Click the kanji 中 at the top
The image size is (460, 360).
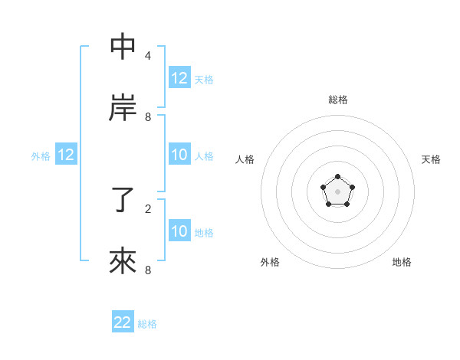click(x=123, y=47)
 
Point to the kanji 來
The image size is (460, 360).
click(x=123, y=261)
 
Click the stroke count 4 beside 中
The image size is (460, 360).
click(x=148, y=56)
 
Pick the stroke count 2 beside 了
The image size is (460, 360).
click(x=148, y=208)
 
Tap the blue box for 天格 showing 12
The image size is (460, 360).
click(x=179, y=78)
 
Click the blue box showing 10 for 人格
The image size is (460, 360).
click(x=179, y=155)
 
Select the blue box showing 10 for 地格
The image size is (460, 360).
click(x=179, y=231)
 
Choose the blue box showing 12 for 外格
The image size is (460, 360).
click(x=66, y=155)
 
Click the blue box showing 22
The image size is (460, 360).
click(x=123, y=322)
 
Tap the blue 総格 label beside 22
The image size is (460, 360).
click(x=147, y=324)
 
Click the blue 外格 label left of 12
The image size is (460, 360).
click(x=41, y=155)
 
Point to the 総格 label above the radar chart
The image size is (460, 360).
click(x=338, y=100)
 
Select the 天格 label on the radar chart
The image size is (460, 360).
click(x=431, y=159)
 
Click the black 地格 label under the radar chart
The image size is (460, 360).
click(x=402, y=262)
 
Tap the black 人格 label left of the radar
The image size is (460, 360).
click(x=245, y=159)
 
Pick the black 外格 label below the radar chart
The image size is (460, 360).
click(x=270, y=262)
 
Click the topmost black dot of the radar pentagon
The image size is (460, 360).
click(x=337, y=177)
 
